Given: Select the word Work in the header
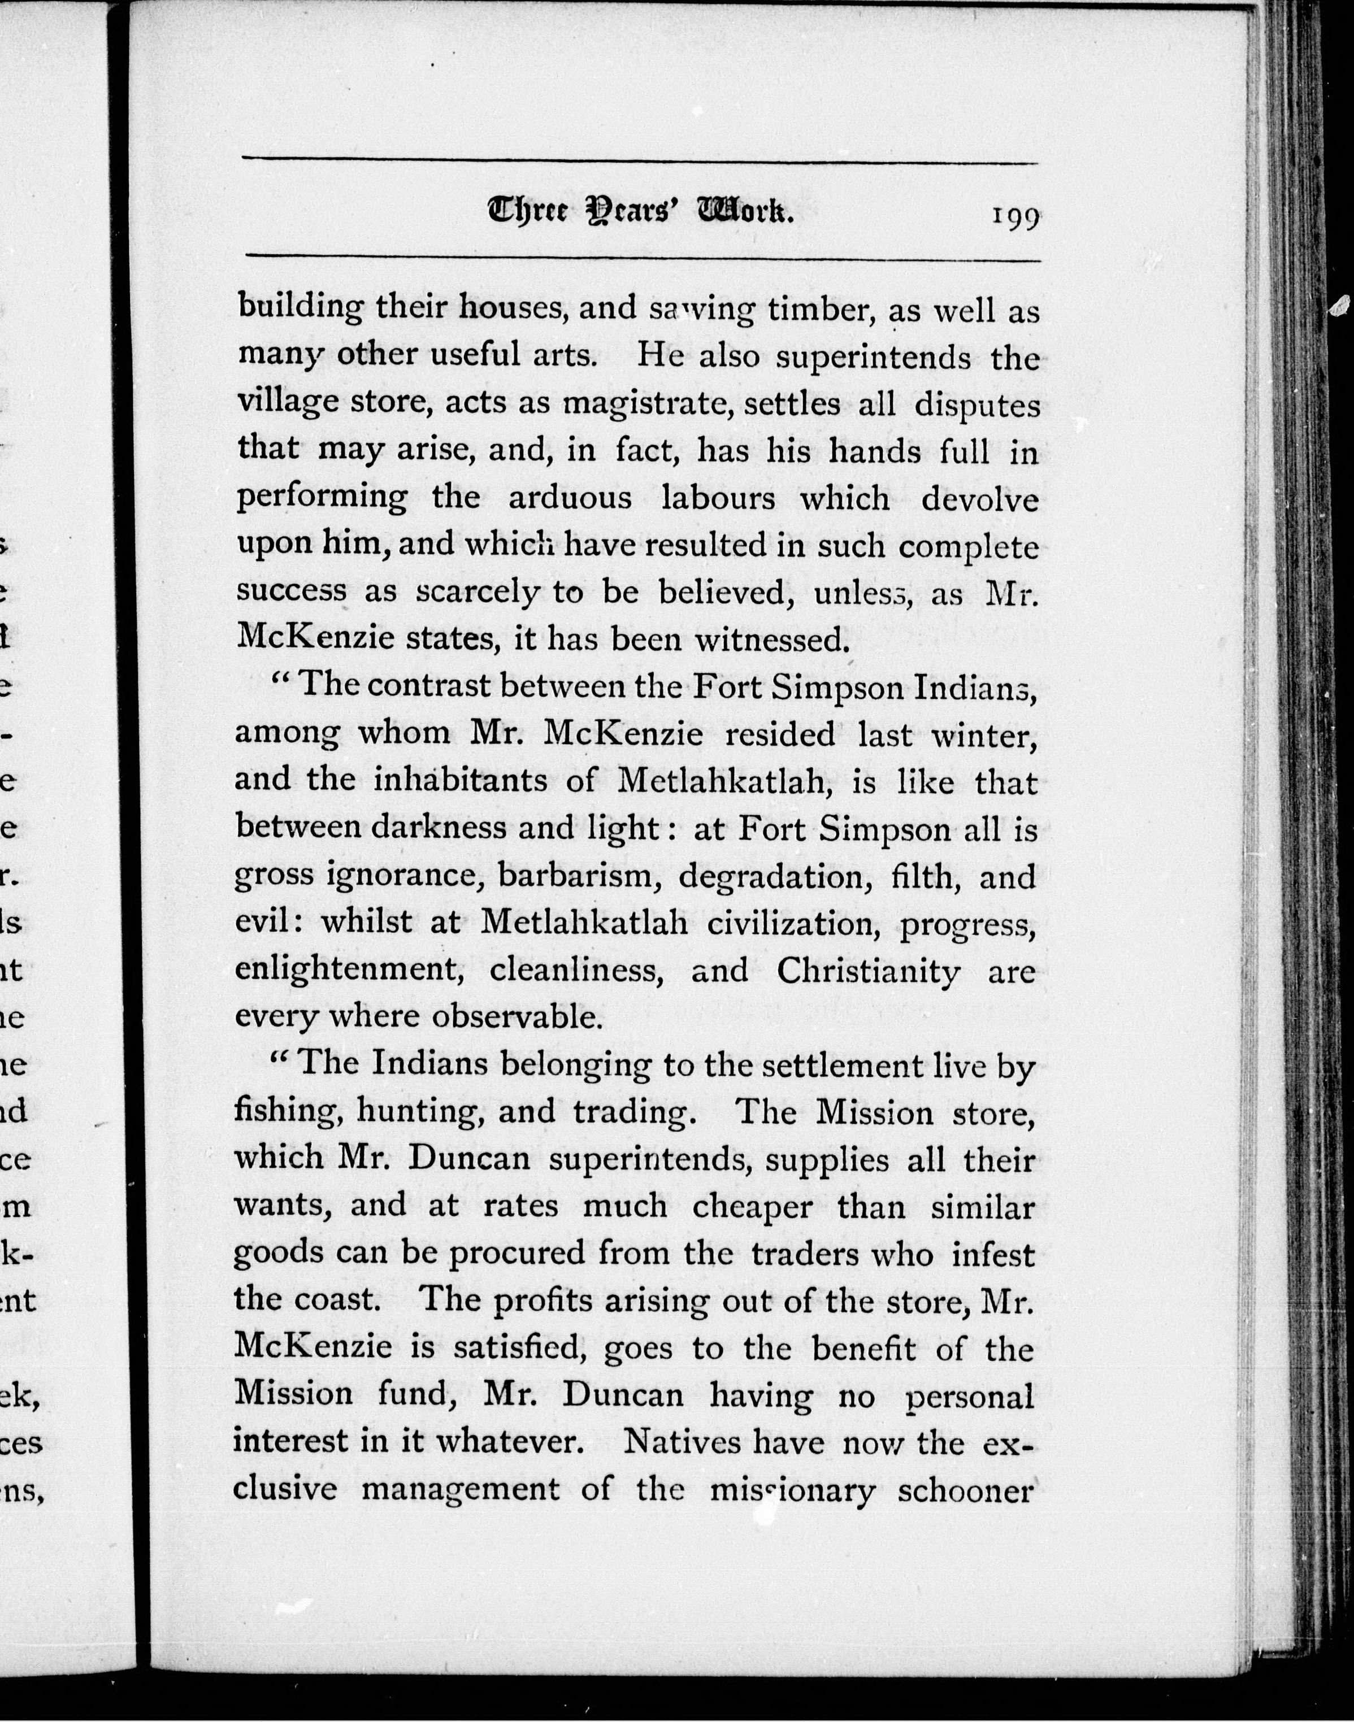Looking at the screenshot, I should [x=744, y=212].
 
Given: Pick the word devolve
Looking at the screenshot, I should [x=980, y=499].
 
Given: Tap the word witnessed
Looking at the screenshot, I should [x=767, y=640].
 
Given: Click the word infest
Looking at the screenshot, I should [x=993, y=1254].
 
